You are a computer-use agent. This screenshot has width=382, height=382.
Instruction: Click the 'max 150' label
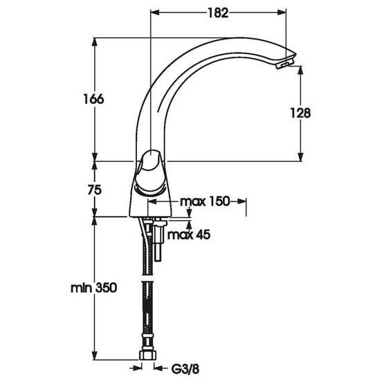coord(205,201)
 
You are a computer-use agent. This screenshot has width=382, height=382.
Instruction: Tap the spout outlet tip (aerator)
coord(284,64)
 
